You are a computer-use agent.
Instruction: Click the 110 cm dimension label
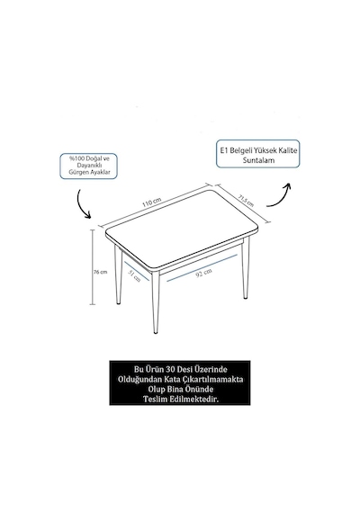pyautogui.click(x=151, y=202)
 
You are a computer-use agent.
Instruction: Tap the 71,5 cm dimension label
pyautogui.click(x=246, y=201)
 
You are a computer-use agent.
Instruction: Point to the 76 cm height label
pyautogui.click(x=101, y=272)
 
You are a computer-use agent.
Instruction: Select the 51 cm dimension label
pyautogui.click(x=134, y=276)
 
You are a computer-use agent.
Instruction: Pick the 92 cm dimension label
pyautogui.click(x=203, y=272)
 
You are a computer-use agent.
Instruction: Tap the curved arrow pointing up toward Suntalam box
pyautogui.click(x=280, y=197)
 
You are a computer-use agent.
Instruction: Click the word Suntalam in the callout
pyautogui.click(x=258, y=160)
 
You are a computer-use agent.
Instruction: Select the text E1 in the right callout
pyautogui.click(x=224, y=150)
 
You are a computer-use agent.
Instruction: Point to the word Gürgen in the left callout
pyautogui.click(x=76, y=172)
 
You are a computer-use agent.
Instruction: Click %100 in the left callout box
pyautogui.click(x=76, y=158)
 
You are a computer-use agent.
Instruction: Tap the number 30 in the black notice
pyautogui.click(x=170, y=369)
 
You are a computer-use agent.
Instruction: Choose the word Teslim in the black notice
pyautogui.click(x=155, y=399)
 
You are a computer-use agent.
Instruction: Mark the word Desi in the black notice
pyautogui.click(x=185, y=369)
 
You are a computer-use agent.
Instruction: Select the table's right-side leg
pyautogui.click(x=246, y=268)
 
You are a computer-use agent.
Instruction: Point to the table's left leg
pyautogui.click(x=118, y=274)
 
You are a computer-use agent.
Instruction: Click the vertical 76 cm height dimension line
pyautogui.click(x=94, y=267)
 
